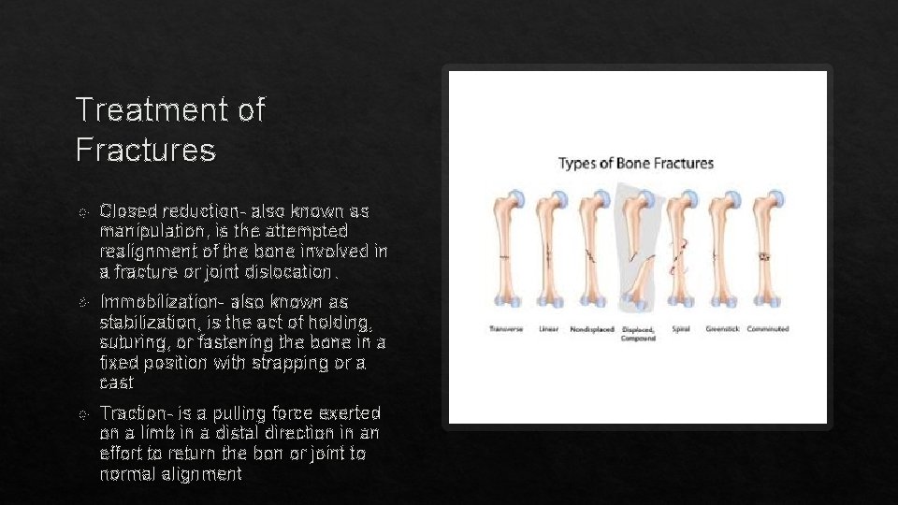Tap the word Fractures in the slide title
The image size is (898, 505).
(x=145, y=149)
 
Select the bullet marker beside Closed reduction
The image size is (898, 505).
(x=83, y=210)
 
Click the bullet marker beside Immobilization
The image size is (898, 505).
(x=83, y=302)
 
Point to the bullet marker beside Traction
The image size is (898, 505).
(x=83, y=413)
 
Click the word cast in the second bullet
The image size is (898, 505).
(x=116, y=383)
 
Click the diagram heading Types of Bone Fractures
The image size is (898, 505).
(x=635, y=164)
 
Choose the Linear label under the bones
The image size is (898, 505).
(x=549, y=329)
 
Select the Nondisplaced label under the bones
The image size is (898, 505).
(x=591, y=329)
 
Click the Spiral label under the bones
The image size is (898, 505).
(x=680, y=329)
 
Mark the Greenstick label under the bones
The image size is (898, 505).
(x=723, y=329)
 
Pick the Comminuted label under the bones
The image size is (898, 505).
(x=768, y=329)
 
